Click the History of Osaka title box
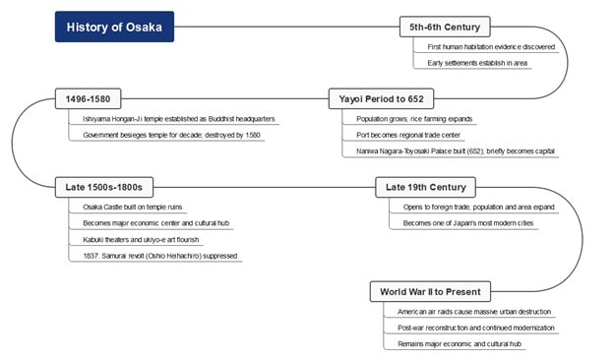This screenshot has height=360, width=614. pos(114,27)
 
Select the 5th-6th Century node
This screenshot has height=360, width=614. pos(445,27)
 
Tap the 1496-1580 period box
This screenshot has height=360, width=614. pos(90,98)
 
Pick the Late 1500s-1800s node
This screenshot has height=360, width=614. pos(105,187)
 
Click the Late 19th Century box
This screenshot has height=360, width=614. pos(425,187)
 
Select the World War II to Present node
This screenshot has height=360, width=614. pos(431,291)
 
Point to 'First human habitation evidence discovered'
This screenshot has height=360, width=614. pos(491,46)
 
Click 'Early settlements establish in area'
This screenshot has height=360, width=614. pos(476,63)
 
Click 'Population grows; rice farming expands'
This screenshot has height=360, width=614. pos(415,118)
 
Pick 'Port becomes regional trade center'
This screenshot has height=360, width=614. pos(408,135)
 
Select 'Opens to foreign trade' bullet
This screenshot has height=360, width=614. pos(478,207)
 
